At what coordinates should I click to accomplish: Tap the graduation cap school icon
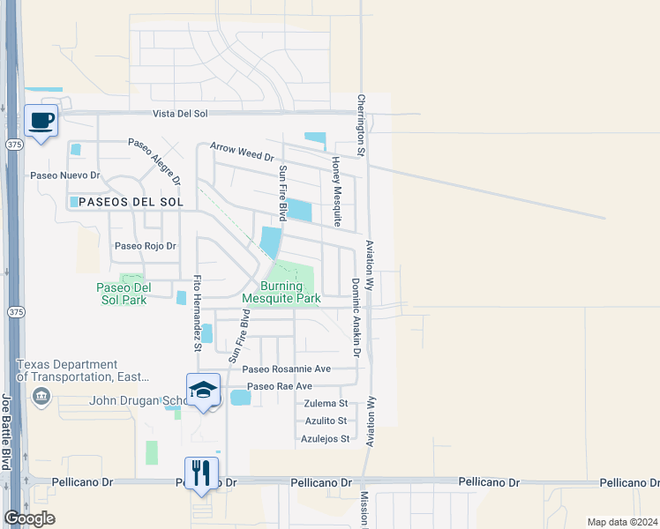202,390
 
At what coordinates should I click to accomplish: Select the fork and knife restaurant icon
200,473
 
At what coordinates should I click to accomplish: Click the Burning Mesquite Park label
281,292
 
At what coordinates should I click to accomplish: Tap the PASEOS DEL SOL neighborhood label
131,202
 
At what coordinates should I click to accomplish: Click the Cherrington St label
361,124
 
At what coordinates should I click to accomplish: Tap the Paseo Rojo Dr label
146,247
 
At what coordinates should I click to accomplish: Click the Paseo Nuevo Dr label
65,175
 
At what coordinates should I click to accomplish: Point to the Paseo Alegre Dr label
154,160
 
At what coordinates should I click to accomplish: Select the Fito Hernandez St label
198,314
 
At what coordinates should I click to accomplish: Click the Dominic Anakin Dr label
356,317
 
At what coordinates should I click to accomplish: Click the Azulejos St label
326,438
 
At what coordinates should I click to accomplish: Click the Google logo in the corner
29,518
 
